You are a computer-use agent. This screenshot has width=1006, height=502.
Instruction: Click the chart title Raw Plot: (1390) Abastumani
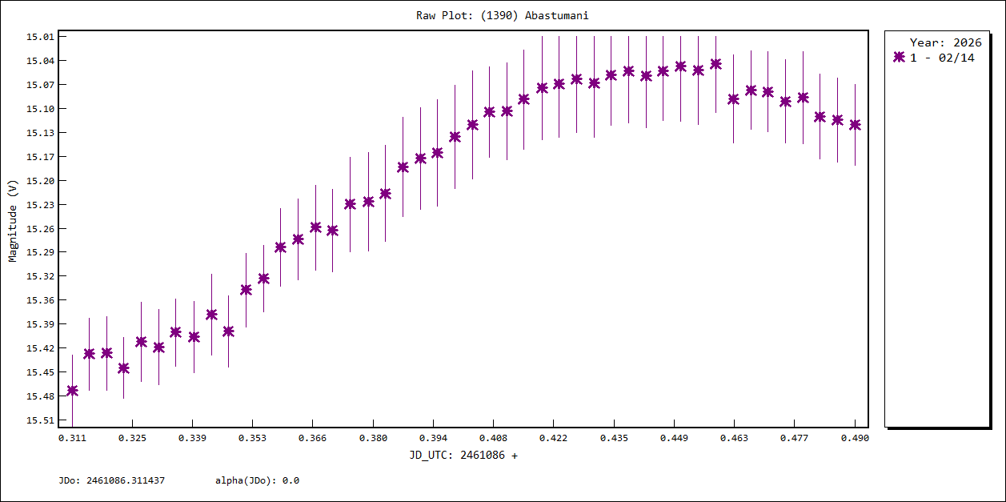coord(502,15)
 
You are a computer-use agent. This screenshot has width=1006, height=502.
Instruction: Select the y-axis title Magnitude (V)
coord(13,221)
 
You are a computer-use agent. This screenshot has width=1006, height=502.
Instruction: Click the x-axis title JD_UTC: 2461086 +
coord(463,456)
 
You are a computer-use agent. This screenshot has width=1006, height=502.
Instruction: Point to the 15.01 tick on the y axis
coord(40,37)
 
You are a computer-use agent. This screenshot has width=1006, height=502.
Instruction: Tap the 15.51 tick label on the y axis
coord(40,420)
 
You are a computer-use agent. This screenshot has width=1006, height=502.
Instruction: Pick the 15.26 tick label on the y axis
coord(40,229)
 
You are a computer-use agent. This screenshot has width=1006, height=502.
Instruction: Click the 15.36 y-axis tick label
coord(40,301)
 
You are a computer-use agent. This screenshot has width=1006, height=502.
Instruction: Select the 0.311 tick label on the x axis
coord(72,439)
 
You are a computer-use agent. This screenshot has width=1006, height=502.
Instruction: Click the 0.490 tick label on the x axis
coord(855,439)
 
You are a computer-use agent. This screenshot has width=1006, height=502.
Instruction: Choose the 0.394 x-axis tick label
coord(433,439)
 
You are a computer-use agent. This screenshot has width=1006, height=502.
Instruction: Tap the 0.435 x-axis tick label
coord(614,439)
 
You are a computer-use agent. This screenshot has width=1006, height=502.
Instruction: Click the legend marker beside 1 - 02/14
coord(899,58)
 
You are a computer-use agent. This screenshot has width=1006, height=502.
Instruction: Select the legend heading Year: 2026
coord(945,43)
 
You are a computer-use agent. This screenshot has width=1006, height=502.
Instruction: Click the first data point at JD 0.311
coord(72,391)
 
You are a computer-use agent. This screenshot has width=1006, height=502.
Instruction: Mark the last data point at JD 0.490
coord(855,125)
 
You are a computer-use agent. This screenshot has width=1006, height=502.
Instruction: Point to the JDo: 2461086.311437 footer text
coord(112,481)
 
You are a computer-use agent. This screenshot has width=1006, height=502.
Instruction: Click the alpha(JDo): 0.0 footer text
coord(257,481)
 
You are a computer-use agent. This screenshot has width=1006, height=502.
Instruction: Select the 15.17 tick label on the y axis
coord(40,157)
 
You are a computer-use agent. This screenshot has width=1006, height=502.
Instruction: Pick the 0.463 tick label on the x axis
coord(734,439)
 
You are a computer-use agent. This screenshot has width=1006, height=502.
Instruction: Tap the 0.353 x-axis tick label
coord(252,439)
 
